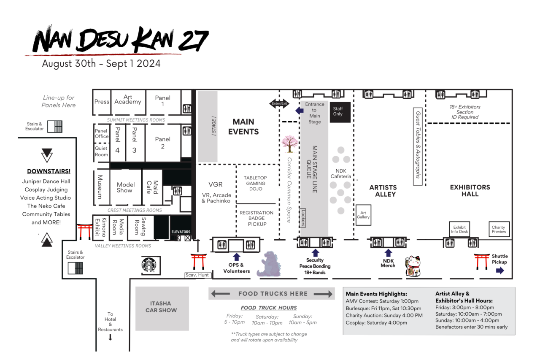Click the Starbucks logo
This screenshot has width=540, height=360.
[148, 265]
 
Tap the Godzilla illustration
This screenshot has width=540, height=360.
[269, 265]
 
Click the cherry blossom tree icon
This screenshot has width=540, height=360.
[289, 143]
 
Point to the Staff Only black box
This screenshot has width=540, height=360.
[338, 112]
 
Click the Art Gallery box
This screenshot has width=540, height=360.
[363, 215]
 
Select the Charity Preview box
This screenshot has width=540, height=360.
[499, 229]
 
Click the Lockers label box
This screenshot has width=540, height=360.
[303, 218]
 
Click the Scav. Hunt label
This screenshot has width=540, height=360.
[197, 275]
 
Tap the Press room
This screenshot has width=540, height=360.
[102, 102]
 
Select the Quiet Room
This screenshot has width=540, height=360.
[101, 152]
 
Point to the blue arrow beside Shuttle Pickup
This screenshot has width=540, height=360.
[500, 271]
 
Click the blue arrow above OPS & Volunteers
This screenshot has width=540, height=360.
[237, 257]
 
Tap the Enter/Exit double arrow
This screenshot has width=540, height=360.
[278, 103]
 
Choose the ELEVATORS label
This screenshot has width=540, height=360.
[181, 232]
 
